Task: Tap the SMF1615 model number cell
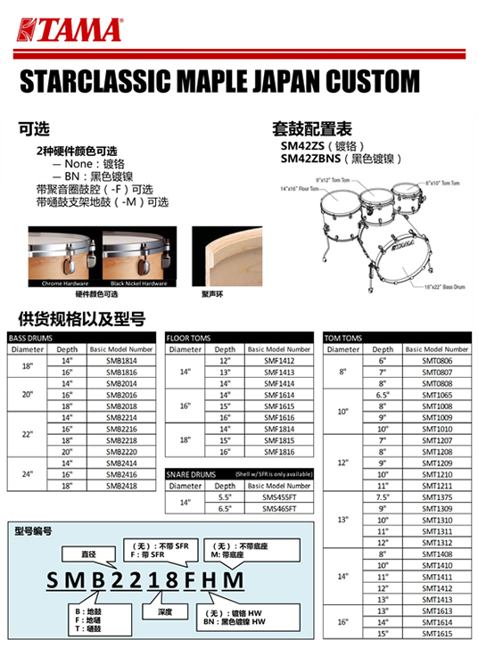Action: [x=278, y=406]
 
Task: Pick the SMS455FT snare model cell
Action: [x=278, y=497]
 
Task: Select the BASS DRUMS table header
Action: [x=29, y=340]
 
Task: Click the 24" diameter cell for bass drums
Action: [x=27, y=475]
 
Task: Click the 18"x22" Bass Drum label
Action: [x=417, y=286]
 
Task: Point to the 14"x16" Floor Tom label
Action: [x=300, y=189]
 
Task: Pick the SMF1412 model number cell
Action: [x=278, y=360]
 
